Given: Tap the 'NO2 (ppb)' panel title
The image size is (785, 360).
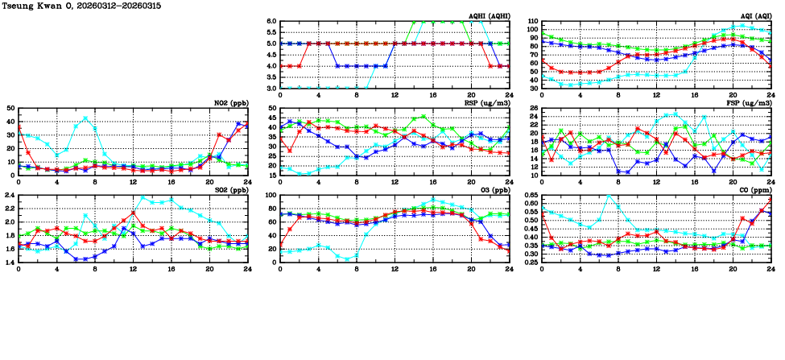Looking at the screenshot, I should [x=229, y=103].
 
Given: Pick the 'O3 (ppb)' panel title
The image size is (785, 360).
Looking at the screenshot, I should [x=493, y=190].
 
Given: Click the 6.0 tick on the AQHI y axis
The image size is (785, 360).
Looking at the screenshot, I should [x=271, y=22].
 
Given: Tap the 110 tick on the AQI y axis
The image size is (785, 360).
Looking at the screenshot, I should [x=531, y=22].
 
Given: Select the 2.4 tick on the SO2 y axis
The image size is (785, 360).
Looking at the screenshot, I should [x=10, y=196].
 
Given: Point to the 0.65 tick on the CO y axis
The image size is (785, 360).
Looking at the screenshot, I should [x=531, y=196].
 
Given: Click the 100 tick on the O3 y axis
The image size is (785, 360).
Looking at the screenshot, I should [x=271, y=196].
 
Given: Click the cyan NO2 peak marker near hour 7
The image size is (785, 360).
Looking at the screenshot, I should [x=85, y=118].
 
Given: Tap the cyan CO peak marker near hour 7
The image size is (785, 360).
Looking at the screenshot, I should [x=609, y=197].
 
